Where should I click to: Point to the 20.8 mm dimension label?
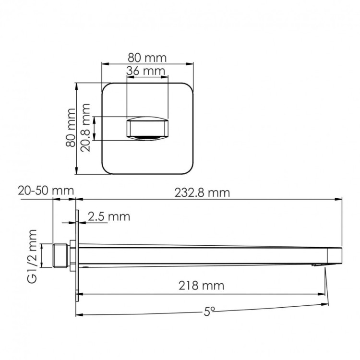86,129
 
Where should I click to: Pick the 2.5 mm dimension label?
108,216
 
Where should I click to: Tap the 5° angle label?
208,312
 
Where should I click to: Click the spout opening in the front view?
147,129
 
